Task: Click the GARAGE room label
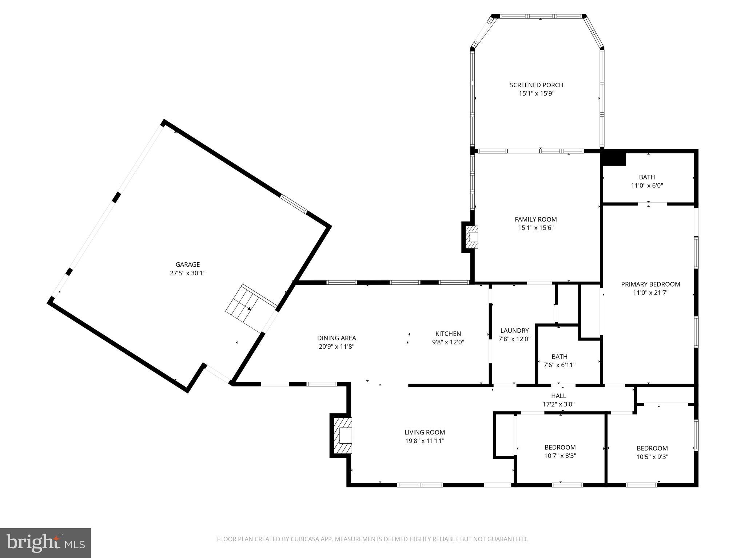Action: coord(188,264)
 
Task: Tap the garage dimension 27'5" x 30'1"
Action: coord(188,273)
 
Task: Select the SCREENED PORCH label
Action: coord(536,85)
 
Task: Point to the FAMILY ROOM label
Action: coord(535,219)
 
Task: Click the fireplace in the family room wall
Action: coord(472,237)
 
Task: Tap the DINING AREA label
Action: coord(336,338)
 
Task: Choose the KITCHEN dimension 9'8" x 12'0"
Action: coord(448,342)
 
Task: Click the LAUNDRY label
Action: coord(514,330)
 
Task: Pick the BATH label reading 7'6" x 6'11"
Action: coord(559,356)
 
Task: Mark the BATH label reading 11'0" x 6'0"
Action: coord(647,177)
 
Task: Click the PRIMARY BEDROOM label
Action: coord(650,284)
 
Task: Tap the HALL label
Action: coord(558,396)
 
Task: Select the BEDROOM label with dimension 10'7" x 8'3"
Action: coord(560,447)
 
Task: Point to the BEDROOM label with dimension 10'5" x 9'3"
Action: coord(652,448)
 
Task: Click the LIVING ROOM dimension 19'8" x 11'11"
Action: coord(425,441)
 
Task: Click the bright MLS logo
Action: coord(45,543)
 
